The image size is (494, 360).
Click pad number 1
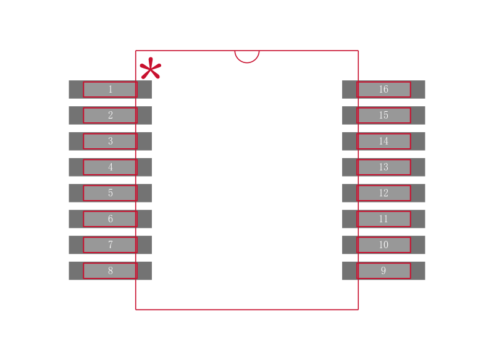pos(110,90)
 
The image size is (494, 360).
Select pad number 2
pos(110,115)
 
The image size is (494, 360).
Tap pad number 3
pos(110,141)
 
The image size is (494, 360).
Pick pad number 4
pos(110,167)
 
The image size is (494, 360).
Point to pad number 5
pos(110,193)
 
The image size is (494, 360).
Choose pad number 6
pos(110,219)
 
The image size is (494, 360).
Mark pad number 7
pos(110,245)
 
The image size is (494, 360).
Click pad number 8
pos(110,271)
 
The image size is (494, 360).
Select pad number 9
pos(383,271)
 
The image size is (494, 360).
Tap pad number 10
pos(383,245)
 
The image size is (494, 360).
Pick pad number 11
pos(383,219)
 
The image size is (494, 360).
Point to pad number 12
pos(383,193)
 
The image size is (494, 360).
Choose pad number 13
pos(383,167)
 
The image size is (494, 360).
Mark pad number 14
pos(383,141)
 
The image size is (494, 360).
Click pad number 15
pos(383,115)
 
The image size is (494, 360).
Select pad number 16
pos(383,90)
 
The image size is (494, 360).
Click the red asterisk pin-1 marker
pos(150,69)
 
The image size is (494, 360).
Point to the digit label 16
pos(383,90)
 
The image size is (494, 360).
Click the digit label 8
pos(111,271)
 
